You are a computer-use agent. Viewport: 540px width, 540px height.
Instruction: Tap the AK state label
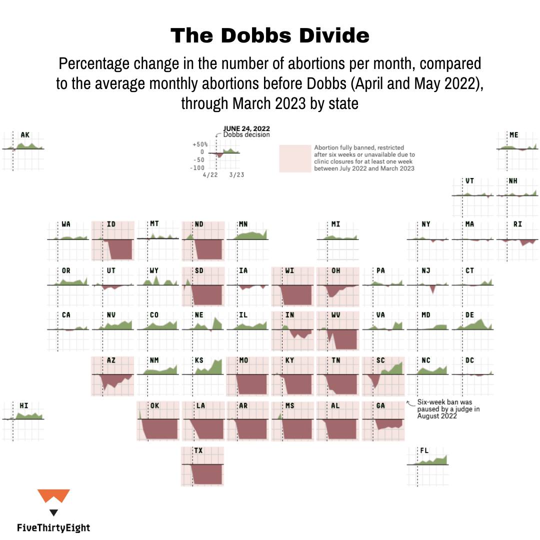tap(25, 135)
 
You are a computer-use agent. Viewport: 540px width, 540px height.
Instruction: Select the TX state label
tap(198, 450)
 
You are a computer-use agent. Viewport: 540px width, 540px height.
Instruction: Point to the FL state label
tap(424, 450)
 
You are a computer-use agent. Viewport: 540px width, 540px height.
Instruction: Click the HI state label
tap(23, 405)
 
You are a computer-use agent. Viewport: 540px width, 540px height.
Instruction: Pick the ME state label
tap(513, 135)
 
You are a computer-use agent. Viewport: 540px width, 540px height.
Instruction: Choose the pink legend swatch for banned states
tap(295, 158)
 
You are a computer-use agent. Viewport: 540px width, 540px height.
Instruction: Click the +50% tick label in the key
tap(199, 144)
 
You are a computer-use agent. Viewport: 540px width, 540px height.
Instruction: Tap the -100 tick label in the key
tap(197, 168)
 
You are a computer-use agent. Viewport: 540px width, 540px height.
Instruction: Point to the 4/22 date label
tap(209, 175)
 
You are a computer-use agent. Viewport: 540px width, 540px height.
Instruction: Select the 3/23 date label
tap(236, 175)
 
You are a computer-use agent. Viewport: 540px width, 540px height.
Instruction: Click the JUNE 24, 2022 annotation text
tap(243, 128)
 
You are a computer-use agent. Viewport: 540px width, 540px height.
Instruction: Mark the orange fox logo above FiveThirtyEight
tap(53, 496)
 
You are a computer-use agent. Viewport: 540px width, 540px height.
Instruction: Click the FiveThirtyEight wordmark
tap(53, 527)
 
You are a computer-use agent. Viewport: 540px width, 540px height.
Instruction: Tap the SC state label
tap(380, 360)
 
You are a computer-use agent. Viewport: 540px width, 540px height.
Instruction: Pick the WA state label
tap(66, 224)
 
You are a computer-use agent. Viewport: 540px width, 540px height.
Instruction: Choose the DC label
tap(469, 360)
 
